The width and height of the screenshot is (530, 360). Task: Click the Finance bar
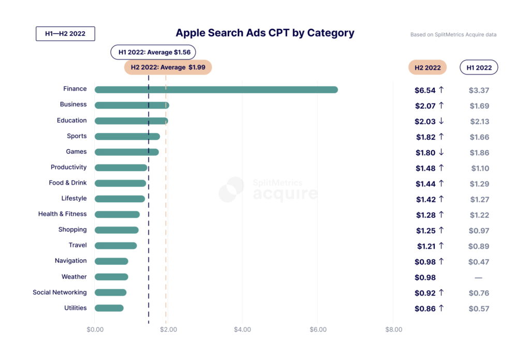click(216, 89)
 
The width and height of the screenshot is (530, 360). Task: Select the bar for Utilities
click(109, 308)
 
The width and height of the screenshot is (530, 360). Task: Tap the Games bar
click(127, 152)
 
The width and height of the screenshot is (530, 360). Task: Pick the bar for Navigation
click(111, 261)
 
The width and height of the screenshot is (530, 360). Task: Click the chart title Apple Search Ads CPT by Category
click(265, 33)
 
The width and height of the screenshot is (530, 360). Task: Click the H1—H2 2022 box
click(65, 34)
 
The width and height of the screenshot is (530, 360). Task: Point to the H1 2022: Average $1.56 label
click(153, 52)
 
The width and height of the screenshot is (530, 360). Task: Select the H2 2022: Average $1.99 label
click(168, 67)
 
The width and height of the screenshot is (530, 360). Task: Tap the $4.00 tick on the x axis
click(242, 329)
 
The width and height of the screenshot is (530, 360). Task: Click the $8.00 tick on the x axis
click(393, 329)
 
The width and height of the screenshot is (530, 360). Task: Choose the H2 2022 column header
click(427, 68)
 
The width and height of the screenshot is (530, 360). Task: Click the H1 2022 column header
click(479, 68)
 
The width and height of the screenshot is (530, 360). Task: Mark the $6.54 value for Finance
click(424, 90)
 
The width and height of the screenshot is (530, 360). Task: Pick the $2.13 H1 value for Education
click(479, 122)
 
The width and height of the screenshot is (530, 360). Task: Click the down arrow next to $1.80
click(441, 153)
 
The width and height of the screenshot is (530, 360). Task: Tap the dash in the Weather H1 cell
click(479, 278)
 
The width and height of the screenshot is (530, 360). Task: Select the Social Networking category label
click(60, 292)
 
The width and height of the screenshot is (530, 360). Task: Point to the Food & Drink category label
click(68, 183)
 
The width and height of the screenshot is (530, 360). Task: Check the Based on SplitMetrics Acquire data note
click(453, 35)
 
